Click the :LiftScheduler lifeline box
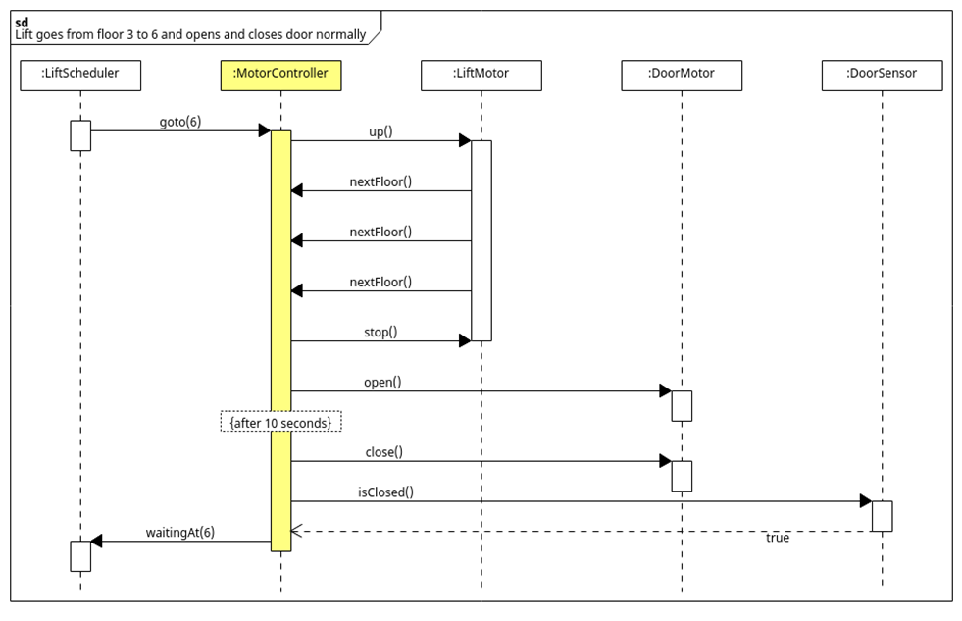click(80, 76)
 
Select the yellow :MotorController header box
click(280, 76)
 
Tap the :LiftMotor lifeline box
click(481, 76)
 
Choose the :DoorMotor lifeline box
click(682, 76)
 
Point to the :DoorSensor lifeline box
click(882, 76)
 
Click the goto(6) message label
click(180, 122)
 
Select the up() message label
click(380, 131)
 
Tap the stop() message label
click(380, 332)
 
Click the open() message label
click(382, 382)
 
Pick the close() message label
click(382, 452)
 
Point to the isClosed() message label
click(384, 492)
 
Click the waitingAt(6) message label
click(180, 532)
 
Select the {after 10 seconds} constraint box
click(280, 422)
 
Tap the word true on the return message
click(777, 538)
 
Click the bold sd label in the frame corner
click(22, 22)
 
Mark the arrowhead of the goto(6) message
click(264, 130)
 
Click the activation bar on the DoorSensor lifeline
click(882, 516)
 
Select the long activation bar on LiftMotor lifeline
click(481, 240)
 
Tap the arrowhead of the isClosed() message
click(865, 501)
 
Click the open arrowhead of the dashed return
click(296, 531)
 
